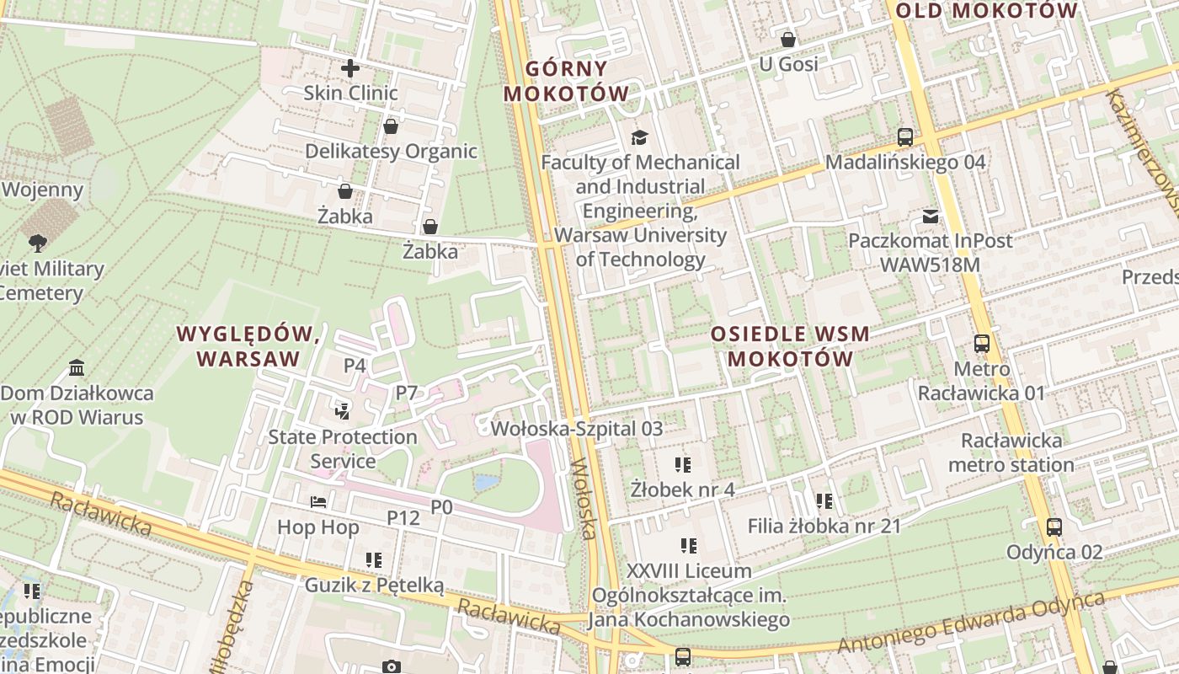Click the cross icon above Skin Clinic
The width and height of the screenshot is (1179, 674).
pyautogui.click(x=350, y=68)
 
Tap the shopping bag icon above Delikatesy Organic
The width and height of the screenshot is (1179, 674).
pyautogui.click(x=391, y=127)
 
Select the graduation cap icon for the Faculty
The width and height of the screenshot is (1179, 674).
pyautogui.click(x=640, y=137)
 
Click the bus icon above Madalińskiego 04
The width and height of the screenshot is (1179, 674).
pyautogui.click(x=905, y=136)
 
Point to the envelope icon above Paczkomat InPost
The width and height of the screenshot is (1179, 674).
pyautogui.click(x=930, y=217)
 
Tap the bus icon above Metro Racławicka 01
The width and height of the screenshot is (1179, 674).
pyautogui.click(x=981, y=344)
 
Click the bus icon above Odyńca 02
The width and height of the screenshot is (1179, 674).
pyautogui.click(x=1054, y=527)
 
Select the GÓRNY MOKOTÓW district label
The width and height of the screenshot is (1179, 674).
pyautogui.click(x=566, y=81)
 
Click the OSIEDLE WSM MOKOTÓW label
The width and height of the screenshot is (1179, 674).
pyautogui.click(x=790, y=346)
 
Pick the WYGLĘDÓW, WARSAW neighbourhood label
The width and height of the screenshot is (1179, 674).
pyautogui.click(x=248, y=346)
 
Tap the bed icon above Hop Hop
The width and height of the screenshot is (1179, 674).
pyautogui.click(x=318, y=502)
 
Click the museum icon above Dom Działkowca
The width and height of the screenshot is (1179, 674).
pyautogui.click(x=77, y=368)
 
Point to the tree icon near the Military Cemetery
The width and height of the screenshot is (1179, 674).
pyautogui.click(x=37, y=243)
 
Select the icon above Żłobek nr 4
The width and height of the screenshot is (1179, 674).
pyautogui.click(x=682, y=464)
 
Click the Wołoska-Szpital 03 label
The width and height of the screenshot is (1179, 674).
pyautogui.click(x=576, y=429)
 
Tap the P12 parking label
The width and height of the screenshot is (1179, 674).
pyautogui.click(x=403, y=517)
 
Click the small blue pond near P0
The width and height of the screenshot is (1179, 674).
pyautogui.click(x=486, y=483)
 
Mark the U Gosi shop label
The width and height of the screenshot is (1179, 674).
pyautogui.click(x=788, y=64)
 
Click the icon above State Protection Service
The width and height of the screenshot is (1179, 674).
pyautogui.click(x=342, y=411)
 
